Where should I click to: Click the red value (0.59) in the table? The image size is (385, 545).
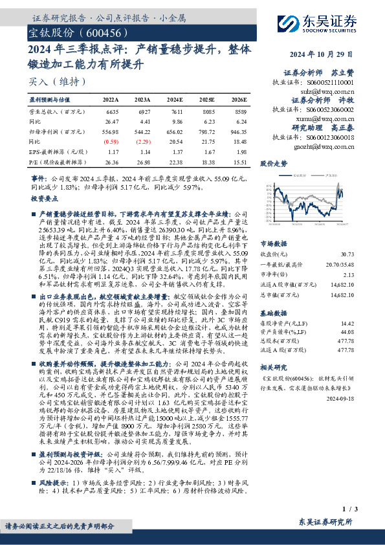coord(111,141)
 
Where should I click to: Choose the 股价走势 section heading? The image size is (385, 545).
coord(274,164)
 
